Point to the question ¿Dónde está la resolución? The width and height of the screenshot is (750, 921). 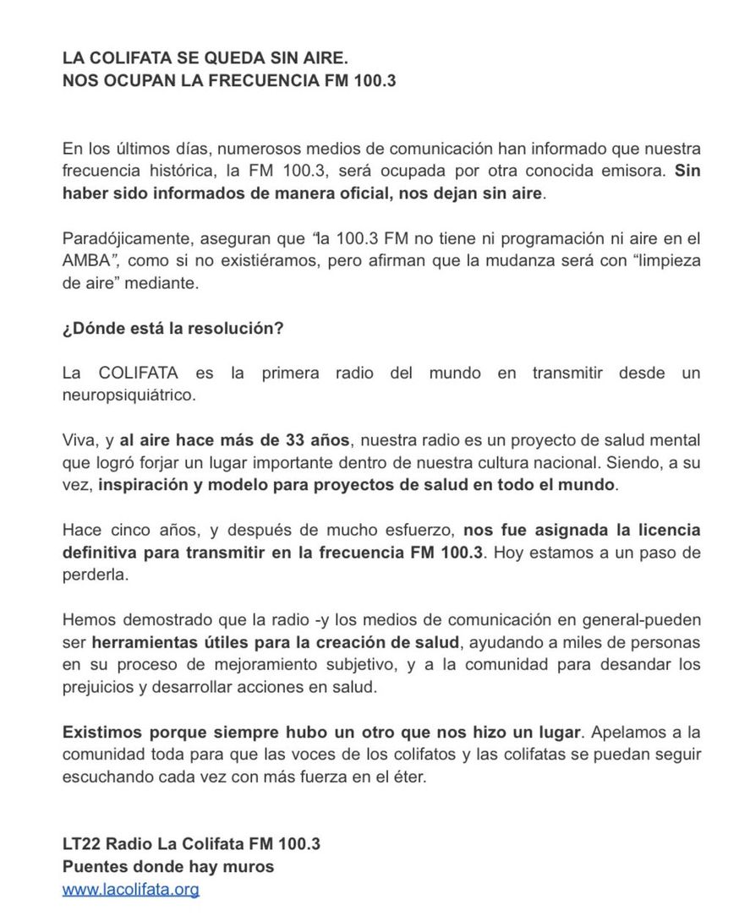click(x=172, y=328)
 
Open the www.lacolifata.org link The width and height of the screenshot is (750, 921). click(x=131, y=889)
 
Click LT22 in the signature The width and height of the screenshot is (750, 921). click(x=82, y=843)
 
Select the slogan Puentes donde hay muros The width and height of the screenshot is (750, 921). click(x=168, y=866)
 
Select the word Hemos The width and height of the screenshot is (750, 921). click(x=86, y=620)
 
